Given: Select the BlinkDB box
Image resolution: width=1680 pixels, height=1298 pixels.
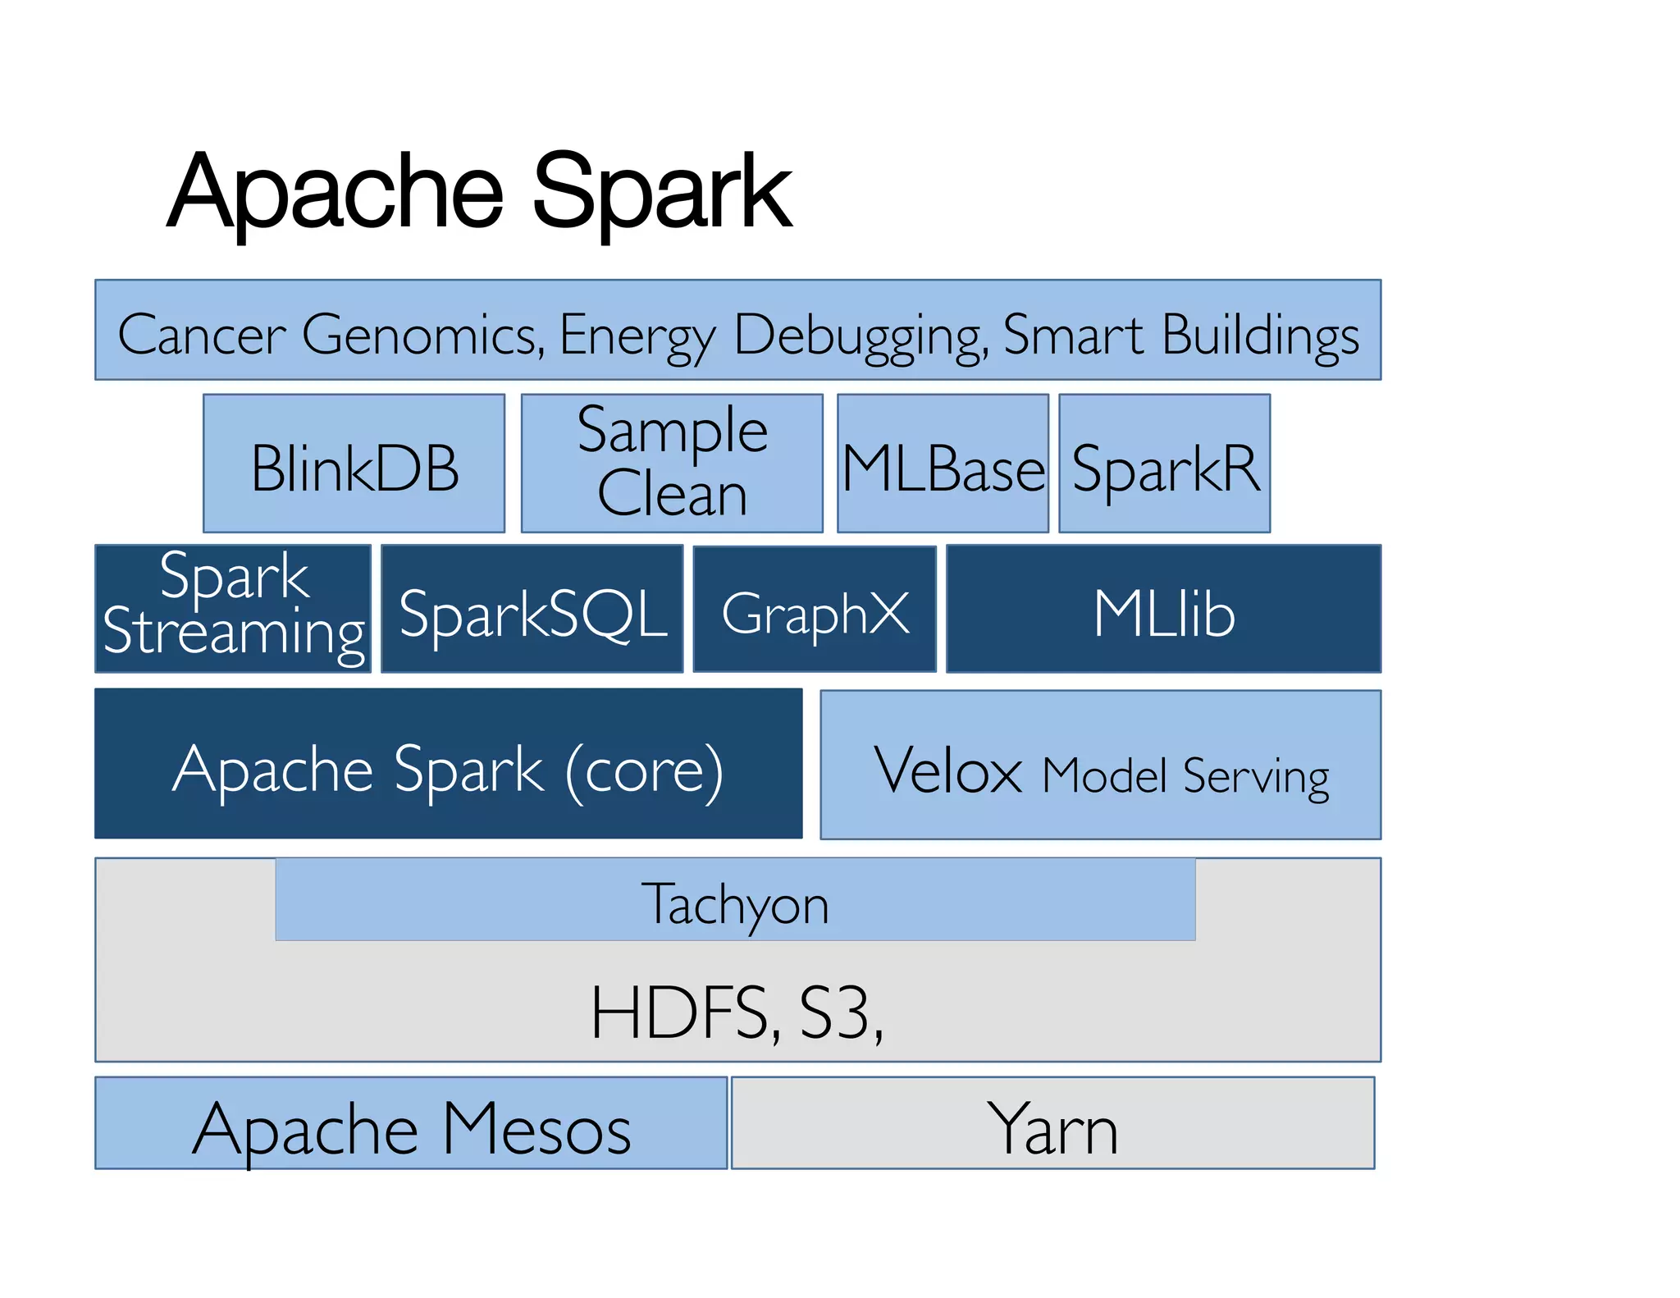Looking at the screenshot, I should (x=354, y=464).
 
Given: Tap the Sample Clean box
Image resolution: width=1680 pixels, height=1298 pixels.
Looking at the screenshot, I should (x=672, y=464).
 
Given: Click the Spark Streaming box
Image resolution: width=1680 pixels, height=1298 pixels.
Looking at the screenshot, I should (x=233, y=609).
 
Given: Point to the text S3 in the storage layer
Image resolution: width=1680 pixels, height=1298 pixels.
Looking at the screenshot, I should (x=835, y=1012).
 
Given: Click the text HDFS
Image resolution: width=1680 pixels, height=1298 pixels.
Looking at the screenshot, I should (x=681, y=1012).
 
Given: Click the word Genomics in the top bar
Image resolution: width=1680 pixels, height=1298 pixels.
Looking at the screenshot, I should (x=422, y=334).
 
